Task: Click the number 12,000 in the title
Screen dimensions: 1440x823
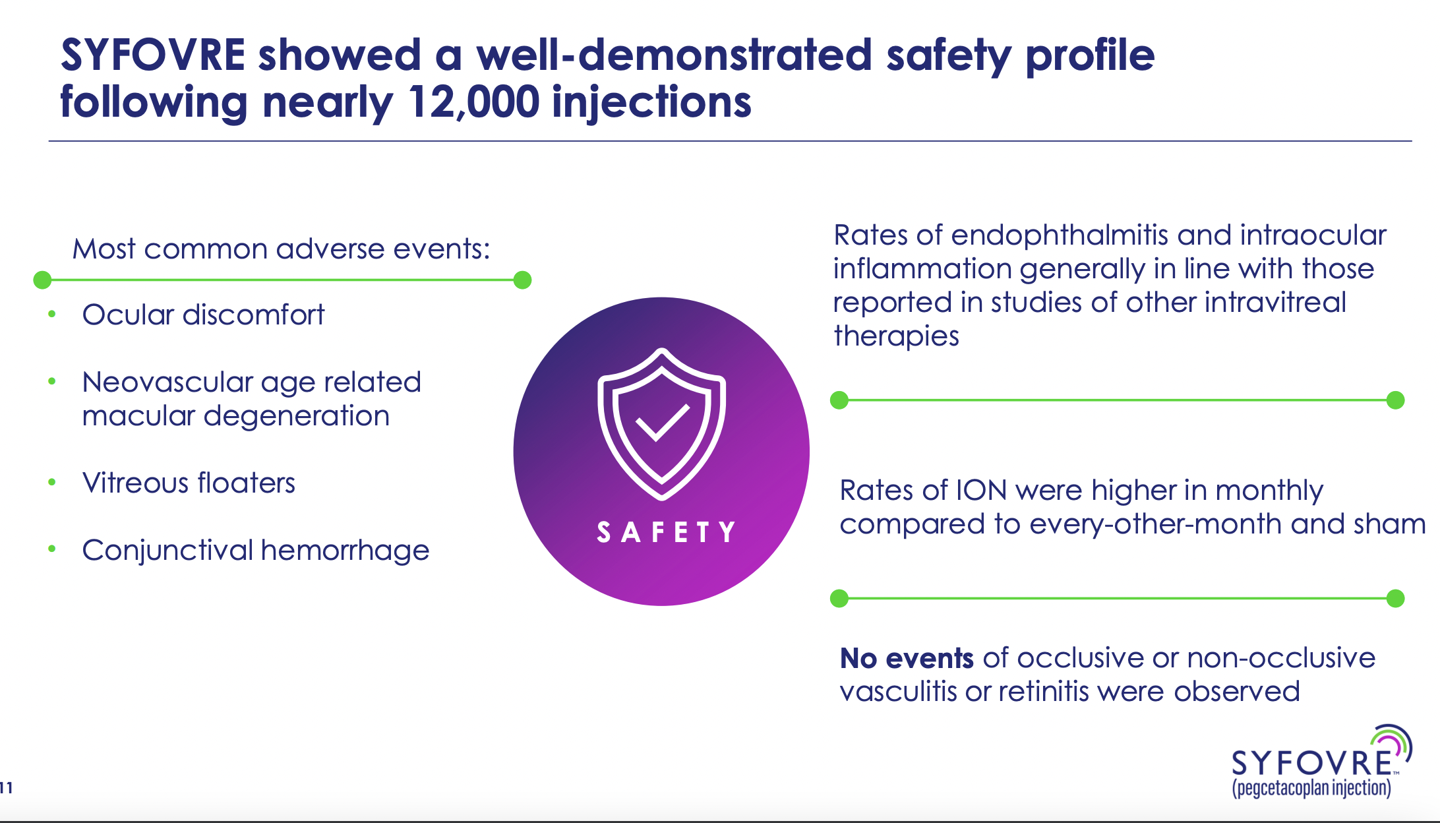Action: point(473,102)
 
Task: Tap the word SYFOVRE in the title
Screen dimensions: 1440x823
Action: point(153,54)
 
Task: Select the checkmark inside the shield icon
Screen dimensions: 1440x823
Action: point(662,422)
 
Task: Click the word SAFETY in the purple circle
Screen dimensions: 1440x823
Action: point(666,532)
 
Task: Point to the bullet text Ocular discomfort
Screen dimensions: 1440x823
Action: point(203,315)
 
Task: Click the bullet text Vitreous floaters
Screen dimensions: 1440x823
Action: point(189,483)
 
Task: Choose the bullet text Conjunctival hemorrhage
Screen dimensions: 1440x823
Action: point(256,550)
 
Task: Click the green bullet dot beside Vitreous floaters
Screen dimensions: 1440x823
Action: point(52,482)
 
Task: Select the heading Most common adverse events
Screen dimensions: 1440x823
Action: point(282,249)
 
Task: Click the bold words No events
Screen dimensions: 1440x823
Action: point(907,658)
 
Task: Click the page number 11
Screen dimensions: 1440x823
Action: point(7,787)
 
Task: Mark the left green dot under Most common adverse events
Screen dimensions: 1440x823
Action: point(42,280)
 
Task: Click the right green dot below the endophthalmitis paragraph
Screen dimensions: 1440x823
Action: point(1395,400)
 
